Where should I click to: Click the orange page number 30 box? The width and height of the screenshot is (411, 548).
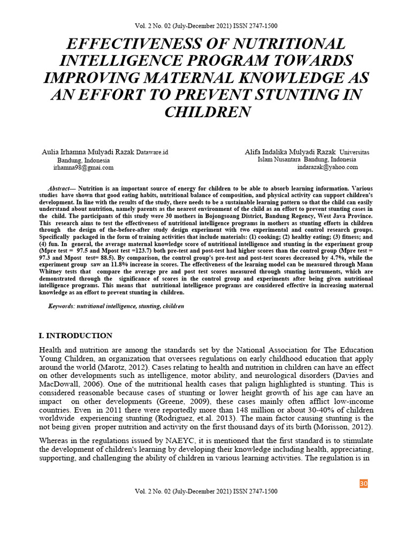click(x=363, y=484)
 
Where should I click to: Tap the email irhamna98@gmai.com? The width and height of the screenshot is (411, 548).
click(x=83, y=168)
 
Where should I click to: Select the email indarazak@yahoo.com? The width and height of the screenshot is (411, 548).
click(x=328, y=167)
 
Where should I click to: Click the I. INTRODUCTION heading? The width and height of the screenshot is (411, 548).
click(x=75, y=336)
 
